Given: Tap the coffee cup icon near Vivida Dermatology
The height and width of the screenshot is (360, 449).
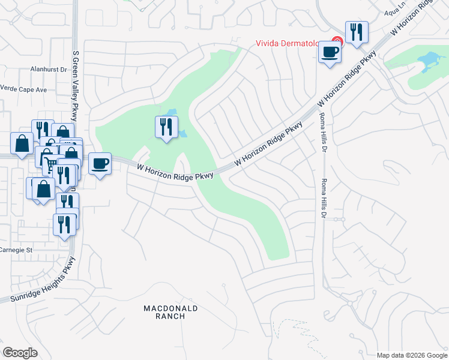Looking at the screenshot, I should click(329, 52).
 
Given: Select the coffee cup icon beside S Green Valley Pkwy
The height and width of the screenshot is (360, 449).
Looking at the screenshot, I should click(100, 163).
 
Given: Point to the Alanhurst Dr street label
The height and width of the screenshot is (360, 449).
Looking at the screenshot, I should click(49, 70).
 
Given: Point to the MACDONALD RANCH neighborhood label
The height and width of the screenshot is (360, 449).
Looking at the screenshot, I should click(170, 313).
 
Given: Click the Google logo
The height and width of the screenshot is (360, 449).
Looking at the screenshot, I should click(20, 353).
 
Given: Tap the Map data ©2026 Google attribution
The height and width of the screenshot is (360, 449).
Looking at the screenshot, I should click(412, 355).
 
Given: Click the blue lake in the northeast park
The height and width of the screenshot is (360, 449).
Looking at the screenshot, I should click(429, 61).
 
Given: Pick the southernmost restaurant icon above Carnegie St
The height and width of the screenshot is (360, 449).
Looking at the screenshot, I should click(65, 224).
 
